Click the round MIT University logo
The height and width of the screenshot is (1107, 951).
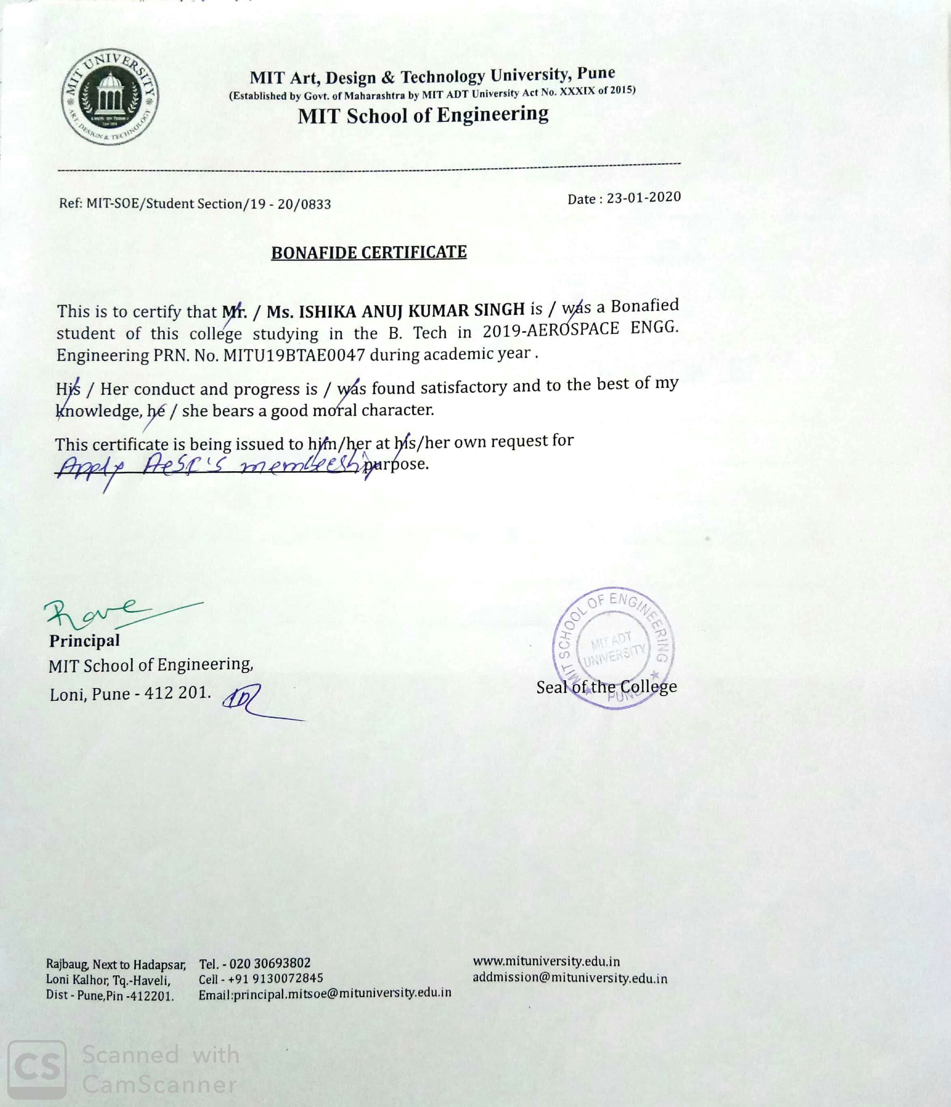[110, 98]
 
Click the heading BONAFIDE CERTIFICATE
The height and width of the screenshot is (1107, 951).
[369, 252]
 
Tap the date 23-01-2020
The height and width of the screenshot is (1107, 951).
[644, 198]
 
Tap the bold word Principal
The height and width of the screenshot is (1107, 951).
[84, 641]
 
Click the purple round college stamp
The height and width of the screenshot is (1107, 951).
[613, 648]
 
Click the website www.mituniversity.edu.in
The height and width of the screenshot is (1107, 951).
[546, 962]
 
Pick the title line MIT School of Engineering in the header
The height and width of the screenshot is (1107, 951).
[423, 115]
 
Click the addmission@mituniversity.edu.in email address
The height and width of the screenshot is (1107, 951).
[570, 978]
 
